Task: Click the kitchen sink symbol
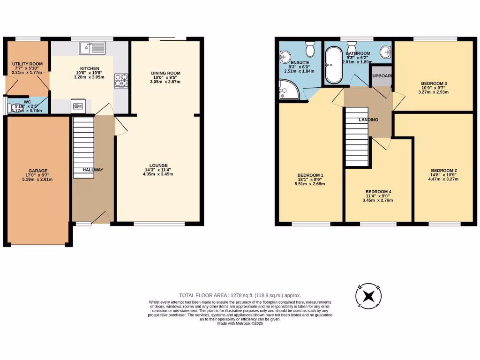pyautogui.click(x=92, y=48)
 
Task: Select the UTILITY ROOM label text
pyautogui.click(x=27, y=64)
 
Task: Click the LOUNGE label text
pyautogui.click(x=158, y=165)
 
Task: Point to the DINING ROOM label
pyautogui.click(x=165, y=73)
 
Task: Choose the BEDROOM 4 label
pyautogui.click(x=379, y=192)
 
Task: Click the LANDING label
pyautogui.click(x=368, y=120)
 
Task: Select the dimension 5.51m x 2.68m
pyautogui.click(x=311, y=184)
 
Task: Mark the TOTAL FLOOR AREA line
pyautogui.click(x=240, y=295)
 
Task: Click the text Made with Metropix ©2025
pyautogui.click(x=240, y=323)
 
